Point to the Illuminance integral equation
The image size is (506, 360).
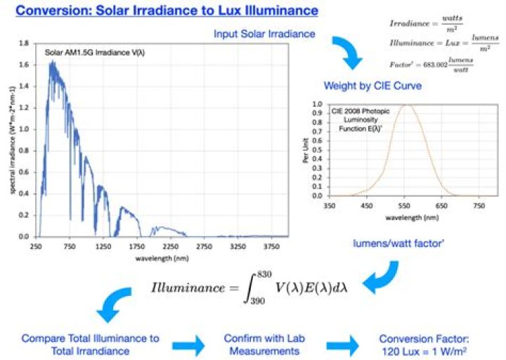pos(254,287)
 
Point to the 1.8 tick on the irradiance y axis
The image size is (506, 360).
pos(24,44)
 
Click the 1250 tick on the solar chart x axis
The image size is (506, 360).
pos(103,247)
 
